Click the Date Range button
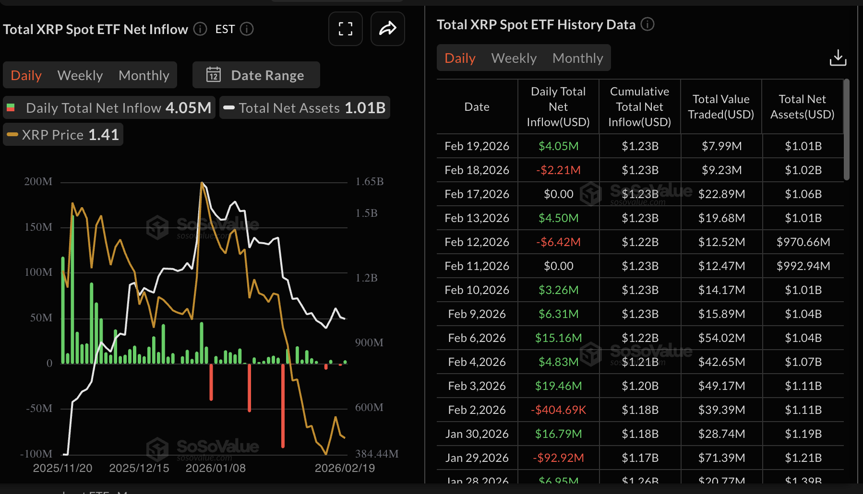[x=256, y=75]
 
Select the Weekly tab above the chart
[x=80, y=75]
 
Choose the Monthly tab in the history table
[x=577, y=58]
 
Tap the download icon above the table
[x=838, y=58]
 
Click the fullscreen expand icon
[x=346, y=29]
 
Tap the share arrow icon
[x=387, y=29]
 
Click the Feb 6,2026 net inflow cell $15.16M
[x=558, y=338]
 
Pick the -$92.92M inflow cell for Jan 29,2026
[x=558, y=458]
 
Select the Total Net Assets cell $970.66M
[x=803, y=242]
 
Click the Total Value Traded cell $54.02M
[x=721, y=338]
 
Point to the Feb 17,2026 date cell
[x=477, y=194]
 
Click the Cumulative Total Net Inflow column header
[x=639, y=107]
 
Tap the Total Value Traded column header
[x=721, y=107]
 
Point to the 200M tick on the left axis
[x=38, y=182]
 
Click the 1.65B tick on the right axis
[x=369, y=182]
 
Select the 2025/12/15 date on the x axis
[x=139, y=468]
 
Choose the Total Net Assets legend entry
[x=305, y=108]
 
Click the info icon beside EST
[x=247, y=29]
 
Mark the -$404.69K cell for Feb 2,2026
[x=558, y=410]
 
